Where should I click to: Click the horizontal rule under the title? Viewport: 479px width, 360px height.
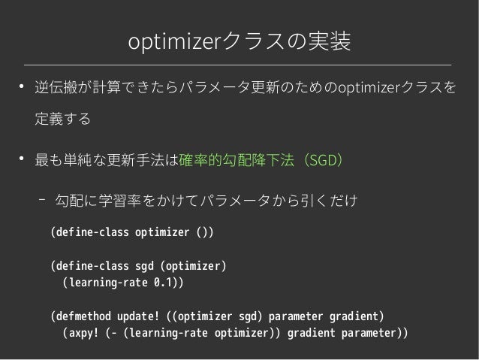coord(239,65)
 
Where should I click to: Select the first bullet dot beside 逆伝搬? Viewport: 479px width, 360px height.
coord(23,90)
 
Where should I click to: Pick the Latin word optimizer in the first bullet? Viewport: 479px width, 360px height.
coord(368,92)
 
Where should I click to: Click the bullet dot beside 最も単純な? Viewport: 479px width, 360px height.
coord(23,157)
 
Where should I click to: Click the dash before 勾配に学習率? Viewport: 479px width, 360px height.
coord(42,201)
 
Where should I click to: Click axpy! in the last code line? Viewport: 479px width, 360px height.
coord(83,331)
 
